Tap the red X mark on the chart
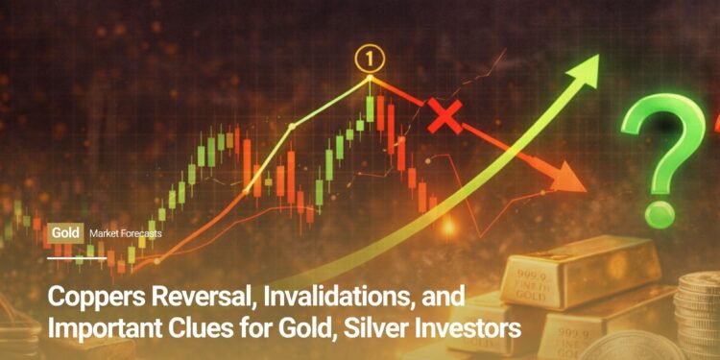(444, 117)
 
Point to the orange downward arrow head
(570, 177)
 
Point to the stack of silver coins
(699, 307)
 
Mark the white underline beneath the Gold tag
(76, 258)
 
